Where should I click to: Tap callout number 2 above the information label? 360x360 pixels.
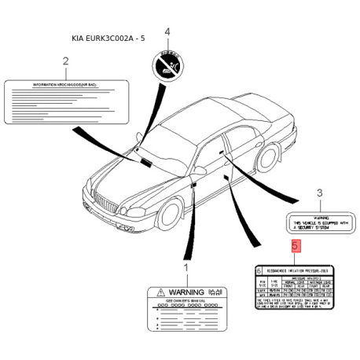(65, 61)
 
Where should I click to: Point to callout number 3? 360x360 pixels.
(319, 193)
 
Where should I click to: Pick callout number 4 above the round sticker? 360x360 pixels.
(166, 31)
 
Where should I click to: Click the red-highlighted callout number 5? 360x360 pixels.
(294, 246)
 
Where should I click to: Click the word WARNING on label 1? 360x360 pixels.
(185, 292)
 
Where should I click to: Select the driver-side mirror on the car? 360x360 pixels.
(199, 170)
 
